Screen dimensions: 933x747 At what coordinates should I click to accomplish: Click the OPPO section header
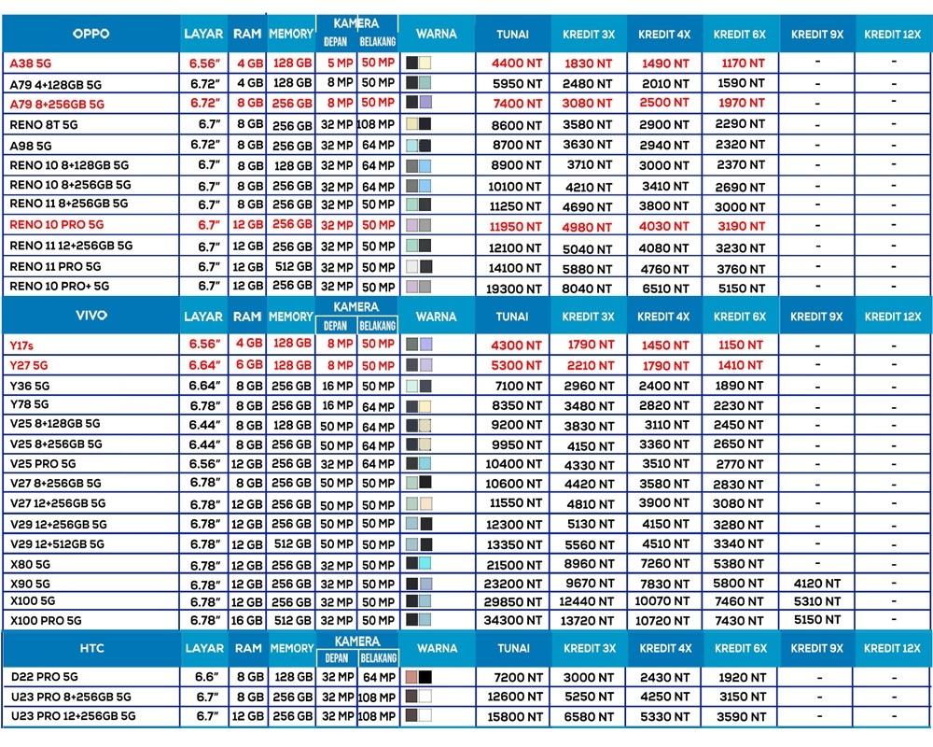coord(91,34)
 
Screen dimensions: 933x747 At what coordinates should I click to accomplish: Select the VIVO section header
coord(91,315)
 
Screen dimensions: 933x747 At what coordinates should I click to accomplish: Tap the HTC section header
coord(91,648)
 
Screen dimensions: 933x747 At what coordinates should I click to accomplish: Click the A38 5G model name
coord(31,63)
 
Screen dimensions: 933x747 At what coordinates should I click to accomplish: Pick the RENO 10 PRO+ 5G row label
coord(60,286)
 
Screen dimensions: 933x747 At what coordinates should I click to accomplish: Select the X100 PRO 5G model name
coord(46,621)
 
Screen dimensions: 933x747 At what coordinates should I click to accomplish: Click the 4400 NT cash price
coord(517,63)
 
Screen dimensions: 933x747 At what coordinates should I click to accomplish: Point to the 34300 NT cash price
coord(513,621)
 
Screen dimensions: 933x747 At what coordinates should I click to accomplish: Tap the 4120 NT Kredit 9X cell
coord(817,584)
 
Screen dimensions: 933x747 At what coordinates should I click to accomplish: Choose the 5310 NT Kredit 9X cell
coord(817,601)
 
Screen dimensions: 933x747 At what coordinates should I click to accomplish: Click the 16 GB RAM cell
coord(246,621)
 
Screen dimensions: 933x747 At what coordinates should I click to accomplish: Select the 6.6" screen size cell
coord(206,677)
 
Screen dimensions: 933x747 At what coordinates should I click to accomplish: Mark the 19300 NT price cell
coord(513,289)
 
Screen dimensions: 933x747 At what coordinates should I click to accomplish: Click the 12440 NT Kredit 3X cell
coord(586,601)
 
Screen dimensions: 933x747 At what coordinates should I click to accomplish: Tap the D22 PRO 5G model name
coord(45,677)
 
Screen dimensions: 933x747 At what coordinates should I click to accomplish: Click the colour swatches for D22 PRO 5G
coord(418,677)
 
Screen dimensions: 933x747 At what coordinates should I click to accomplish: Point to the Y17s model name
coord(21,345)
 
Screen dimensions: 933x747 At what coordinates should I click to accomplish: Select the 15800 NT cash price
coord(515,716)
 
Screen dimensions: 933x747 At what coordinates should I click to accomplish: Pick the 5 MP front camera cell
coord(341,63)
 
